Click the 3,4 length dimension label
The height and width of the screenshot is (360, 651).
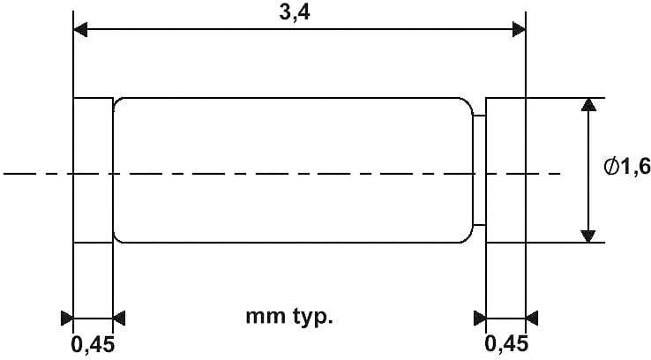click(x=295, y=12)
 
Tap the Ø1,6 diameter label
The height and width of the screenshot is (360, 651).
click(x=627, y=167)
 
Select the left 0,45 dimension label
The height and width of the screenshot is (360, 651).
click(x=92, y=345)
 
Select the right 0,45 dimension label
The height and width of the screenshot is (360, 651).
click(x=506, y=344)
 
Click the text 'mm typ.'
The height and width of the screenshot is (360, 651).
click(x=289, y=317)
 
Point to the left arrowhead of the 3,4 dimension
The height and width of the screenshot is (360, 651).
click(x=80, y=29)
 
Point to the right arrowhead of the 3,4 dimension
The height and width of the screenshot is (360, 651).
click(x=519, y=29)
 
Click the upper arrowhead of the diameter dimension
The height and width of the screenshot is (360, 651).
click(x=588, y=105)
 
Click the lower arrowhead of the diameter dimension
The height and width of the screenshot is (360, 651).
click(x=588, y=236)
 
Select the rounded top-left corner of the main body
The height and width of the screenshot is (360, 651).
click(x=116, y=101)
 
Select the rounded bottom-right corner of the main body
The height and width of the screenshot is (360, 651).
click(x=469, y=239)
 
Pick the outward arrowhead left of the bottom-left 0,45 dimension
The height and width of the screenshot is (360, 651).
click(x=67, y=318)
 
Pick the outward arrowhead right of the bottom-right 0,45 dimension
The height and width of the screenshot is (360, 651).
click(x=532, y=318)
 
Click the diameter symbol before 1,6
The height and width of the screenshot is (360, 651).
click(x=611, y=167)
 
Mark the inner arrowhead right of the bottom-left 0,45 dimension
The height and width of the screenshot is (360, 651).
click(x=119, y=318)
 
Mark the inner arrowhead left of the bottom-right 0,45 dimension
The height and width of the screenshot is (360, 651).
click(x=480, y=318)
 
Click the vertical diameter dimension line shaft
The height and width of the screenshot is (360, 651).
click(x=588, y=170)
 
